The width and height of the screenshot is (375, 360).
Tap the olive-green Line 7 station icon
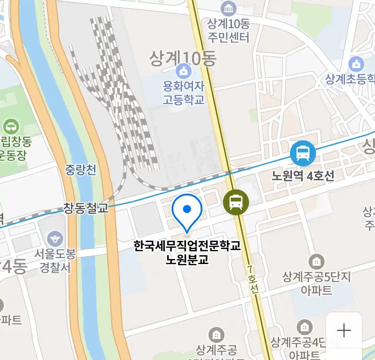tap(236, 202)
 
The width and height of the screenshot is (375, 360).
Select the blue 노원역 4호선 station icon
tap(303, 153)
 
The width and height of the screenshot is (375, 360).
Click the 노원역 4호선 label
tap(303, 176)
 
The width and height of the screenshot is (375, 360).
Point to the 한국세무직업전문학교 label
tap(187, 246)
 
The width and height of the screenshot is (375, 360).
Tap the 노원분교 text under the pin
tap(187, 259)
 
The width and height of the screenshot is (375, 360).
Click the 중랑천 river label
tap(80, 170)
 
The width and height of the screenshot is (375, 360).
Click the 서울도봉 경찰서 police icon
tap(55, 239)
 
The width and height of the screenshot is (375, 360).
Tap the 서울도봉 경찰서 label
tap(55, 261)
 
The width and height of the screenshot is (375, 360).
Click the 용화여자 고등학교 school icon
tap(184, 71)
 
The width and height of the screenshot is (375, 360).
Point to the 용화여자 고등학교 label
tap(184, 93)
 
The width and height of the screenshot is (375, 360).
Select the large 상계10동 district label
tap(183, 59)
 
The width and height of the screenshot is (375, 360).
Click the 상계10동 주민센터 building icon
tap(228, 8)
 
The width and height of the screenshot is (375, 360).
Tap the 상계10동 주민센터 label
tap(228, 30)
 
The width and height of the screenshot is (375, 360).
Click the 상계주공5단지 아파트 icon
tap(316, 262)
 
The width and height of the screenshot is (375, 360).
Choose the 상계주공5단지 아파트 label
tap(316, 283)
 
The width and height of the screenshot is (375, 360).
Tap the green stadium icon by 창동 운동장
tap(11, 127)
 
